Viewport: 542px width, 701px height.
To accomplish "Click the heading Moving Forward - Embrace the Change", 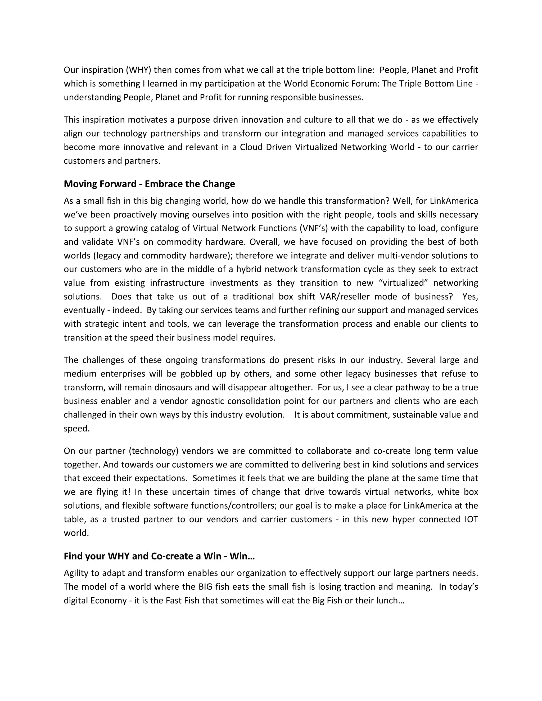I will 149,184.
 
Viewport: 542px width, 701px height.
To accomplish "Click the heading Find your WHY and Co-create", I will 159,556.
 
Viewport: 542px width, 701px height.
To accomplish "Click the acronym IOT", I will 471,519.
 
